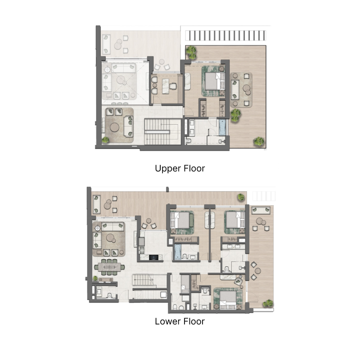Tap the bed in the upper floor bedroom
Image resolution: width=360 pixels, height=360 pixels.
tap(215, 81)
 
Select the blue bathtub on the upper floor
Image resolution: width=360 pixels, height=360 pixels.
tap(222, 127)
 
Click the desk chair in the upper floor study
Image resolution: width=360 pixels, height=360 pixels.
tap(173, 86)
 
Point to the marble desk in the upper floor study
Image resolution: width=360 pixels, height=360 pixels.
tap(165, 86)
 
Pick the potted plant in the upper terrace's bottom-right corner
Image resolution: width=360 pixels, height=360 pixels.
tap(259, 141)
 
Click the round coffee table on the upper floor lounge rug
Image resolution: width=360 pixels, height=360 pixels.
tap(114, 127)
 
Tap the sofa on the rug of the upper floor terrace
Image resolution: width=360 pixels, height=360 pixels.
tap(235, 90)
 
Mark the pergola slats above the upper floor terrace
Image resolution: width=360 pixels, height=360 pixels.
tap(225, 36)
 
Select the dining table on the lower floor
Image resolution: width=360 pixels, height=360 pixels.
tap(109, 267)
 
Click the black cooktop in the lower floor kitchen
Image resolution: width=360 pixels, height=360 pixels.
tap(153, 257)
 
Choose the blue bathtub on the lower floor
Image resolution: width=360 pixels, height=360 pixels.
tap(178, 252)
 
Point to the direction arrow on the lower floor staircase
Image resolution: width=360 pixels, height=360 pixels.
tap(144, 279)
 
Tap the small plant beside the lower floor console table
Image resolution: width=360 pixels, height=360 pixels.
tap(95, 279)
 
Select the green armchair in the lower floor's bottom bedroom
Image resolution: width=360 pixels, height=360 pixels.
tap(238, 281)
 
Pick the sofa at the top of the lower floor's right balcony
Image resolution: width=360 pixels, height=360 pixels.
tap(261, 210)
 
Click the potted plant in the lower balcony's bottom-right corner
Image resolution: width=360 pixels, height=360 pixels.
tap(268, 303)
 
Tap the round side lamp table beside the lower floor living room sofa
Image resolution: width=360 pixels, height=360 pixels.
tap(98, 228)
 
